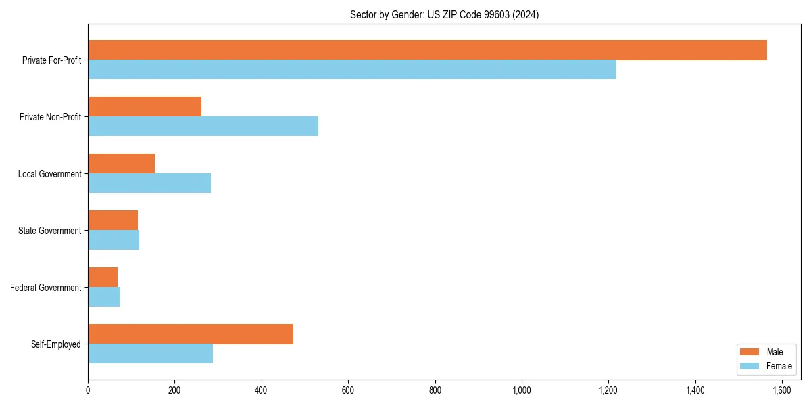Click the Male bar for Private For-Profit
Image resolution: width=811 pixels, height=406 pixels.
427,50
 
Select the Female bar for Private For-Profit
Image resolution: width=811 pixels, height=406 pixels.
352,70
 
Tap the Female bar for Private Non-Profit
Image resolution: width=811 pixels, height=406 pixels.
203,127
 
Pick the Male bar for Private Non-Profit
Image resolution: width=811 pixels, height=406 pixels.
145,107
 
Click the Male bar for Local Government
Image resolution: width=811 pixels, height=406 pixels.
122,164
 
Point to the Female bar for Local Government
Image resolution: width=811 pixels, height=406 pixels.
149,183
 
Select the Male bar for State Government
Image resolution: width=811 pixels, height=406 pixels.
113,221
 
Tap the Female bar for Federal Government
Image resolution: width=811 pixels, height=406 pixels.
104,297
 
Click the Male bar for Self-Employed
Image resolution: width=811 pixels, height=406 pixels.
191,334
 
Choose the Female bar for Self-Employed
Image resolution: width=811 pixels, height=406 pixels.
150,354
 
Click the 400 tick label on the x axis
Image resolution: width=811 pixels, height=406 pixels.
262,390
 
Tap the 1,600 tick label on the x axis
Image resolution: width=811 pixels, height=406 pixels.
782,390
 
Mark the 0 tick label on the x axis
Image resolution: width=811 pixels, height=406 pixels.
88,390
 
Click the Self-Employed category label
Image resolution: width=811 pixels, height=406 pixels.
56,344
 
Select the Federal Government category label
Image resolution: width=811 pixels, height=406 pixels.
46,288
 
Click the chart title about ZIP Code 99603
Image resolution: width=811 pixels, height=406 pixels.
444,15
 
